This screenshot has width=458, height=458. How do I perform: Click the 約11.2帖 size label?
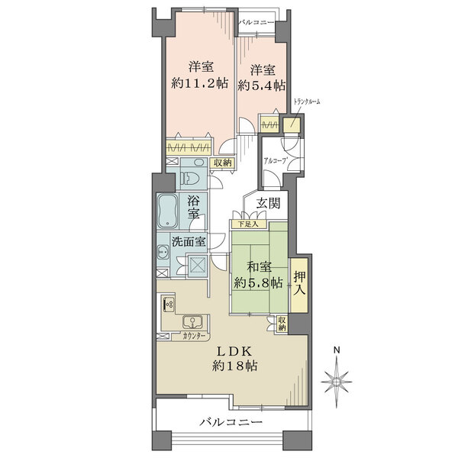[x=200, y=84]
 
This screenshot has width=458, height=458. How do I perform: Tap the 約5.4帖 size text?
[x=262, y=85]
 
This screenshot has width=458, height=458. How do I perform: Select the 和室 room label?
[x=259, y=267]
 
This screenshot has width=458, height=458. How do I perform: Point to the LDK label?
[x=234, y=352]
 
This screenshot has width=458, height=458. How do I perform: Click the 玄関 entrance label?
[x=269, y=203]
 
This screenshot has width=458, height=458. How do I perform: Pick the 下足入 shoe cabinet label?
[x=248, y=224]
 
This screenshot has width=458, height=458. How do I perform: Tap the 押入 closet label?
[x=300, y=283]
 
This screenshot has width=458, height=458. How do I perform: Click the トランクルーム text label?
[x=307, y=102]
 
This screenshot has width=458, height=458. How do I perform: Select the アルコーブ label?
[x=275, y=161]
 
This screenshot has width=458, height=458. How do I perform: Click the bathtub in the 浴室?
[x=168, y=211]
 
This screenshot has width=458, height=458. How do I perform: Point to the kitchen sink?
[x=193, y=322]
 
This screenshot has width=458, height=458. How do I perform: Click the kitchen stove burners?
[x=169, y=305]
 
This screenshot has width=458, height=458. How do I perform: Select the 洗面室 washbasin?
[x=163, y=251]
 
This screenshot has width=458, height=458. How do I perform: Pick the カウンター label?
[x=194, y=336]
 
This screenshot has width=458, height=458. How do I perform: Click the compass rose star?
[x=337, y=382]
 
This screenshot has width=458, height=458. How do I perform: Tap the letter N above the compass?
[x=337, y=350]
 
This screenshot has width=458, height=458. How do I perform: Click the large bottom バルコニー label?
[x=231, y=422]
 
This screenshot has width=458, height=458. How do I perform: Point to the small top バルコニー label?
[x=256, y=22]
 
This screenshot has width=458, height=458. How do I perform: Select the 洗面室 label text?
[x=189, y=241]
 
